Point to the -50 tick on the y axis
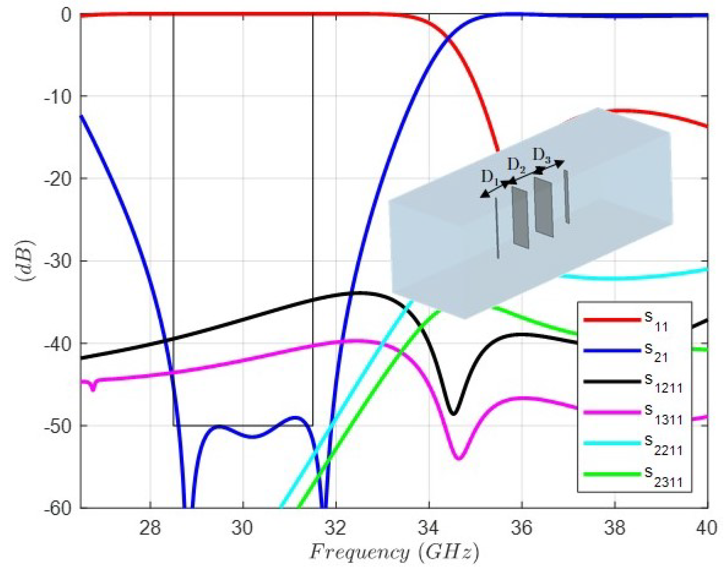coord(58,426)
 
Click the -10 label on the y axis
coord(58,96)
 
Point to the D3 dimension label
coord(541,155)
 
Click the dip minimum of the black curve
coord(453,414)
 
